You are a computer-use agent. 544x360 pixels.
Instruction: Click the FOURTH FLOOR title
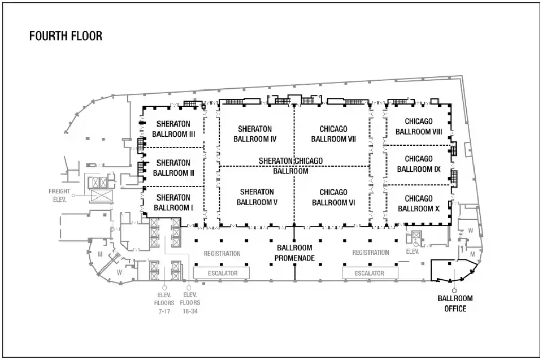pos(65,36)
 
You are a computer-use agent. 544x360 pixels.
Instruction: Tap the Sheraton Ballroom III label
pos(173,129)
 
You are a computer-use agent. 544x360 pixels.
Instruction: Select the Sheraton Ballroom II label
pos(173,168)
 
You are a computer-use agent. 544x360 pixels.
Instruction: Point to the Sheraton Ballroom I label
pos(173,203)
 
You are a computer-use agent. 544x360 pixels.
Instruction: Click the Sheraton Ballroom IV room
pos(255,133)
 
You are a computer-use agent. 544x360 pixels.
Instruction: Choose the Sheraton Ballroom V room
pos(257,197)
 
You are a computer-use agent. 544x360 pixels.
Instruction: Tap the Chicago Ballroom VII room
pos(333,133)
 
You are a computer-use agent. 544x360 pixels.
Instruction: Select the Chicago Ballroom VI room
pos(333,197)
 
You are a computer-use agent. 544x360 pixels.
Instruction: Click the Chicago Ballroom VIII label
pos(418,127)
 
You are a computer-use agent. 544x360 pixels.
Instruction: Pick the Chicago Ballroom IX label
pos(418,164)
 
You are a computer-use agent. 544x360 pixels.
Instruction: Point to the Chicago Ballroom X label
pos(418,204)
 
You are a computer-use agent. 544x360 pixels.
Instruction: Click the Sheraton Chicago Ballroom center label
pos(291,166)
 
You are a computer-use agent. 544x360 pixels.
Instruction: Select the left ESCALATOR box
pos(222,273)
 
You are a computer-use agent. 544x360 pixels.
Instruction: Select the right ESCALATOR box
pos(370,273)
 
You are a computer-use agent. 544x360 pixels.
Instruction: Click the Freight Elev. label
pos(59,195)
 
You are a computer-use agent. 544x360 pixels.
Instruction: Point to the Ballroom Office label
pos(455,303)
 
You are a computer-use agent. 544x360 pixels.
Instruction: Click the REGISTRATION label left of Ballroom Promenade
pos(222,253)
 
